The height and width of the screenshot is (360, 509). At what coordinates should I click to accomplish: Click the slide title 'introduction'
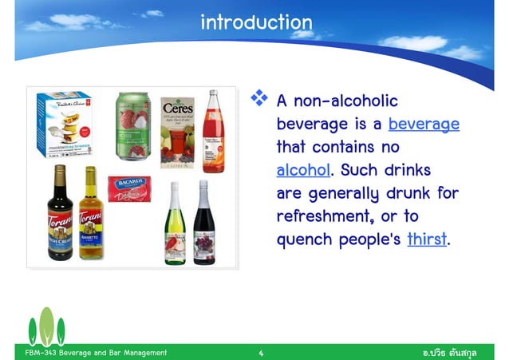pyautogui.click(x=256, y=22)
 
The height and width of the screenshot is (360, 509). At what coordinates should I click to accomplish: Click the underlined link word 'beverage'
pyautogui.click(x=424, y=125)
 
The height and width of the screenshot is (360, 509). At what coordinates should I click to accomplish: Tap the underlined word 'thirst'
pyautogui.click(x=425, y=238)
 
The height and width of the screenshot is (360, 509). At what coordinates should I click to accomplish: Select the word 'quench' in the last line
pyautogui.click(x=304, y=239)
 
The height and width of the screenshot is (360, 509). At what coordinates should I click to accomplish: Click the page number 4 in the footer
pyautogui.click(x=261, y=352)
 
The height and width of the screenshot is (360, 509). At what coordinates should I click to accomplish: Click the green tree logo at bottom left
pyautogui.click(x=48, y=327)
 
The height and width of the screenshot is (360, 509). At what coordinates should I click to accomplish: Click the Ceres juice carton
pyautogui.click(x=177, y=132)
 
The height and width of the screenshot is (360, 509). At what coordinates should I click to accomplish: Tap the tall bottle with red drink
pyautogui.click(x=212, y=132)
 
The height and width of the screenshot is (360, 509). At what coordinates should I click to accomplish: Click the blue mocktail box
pyautogui.click(x=65, y=126)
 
